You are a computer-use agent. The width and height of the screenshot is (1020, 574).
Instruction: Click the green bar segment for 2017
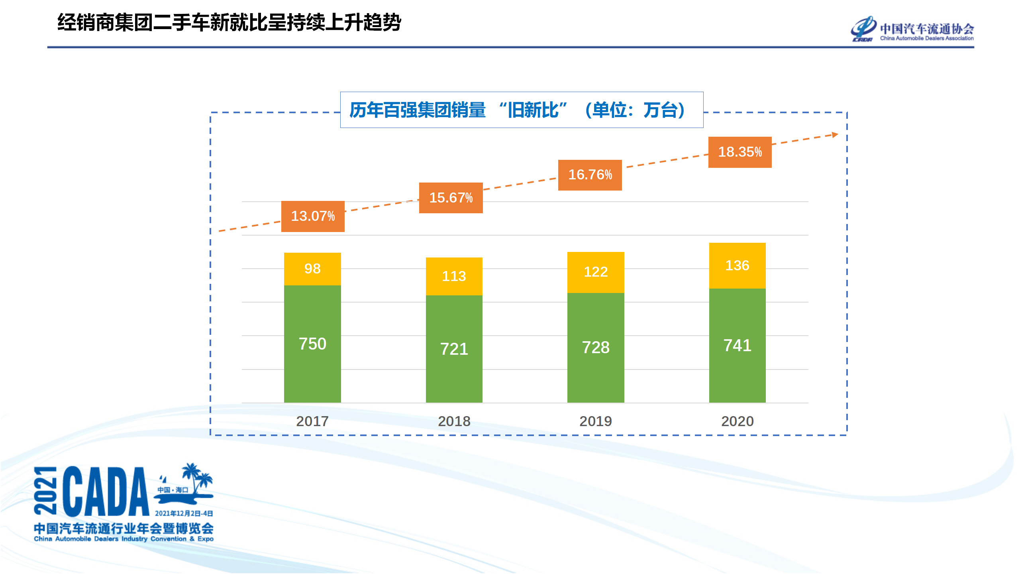tap(312, 344)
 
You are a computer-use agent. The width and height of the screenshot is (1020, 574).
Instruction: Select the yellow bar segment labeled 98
tap(312, 269)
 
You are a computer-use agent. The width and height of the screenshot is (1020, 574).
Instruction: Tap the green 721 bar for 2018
tap(454, 349)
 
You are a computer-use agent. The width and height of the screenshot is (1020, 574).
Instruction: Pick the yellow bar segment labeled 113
tap(454, 276)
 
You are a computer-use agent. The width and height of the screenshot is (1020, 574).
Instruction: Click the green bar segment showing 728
tap(596, 347)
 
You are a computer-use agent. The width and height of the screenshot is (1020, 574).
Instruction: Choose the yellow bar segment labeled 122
tap(596, 272)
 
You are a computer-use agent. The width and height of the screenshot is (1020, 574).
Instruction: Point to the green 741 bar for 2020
tap(737, 345)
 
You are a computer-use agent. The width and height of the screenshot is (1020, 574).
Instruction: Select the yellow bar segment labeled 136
tap(737, 265)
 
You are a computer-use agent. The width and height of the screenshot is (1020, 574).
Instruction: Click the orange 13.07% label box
tap(313, 216)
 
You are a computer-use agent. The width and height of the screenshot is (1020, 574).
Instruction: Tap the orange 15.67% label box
tap(451, 198)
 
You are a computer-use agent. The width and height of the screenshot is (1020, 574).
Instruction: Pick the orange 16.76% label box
tap(590, 175)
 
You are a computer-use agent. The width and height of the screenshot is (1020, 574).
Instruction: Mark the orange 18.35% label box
tap(740, 152)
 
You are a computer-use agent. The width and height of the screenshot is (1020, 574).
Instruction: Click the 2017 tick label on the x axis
tap(312, 421)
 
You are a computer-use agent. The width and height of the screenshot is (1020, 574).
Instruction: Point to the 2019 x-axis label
tap(596, 421)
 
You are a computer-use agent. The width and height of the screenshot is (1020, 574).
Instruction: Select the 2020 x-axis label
tap(737, 421)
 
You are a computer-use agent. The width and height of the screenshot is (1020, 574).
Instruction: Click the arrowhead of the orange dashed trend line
tap(835, 135)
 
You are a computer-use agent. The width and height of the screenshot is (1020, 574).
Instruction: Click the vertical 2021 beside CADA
tap(45, 490)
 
